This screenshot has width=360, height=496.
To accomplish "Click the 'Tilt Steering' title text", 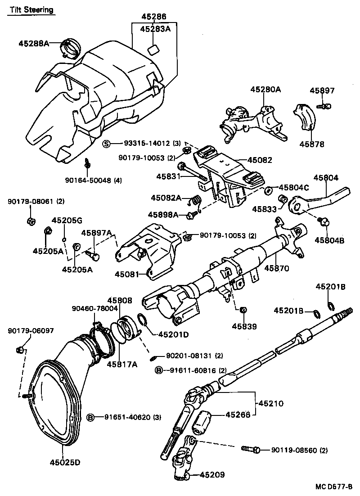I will (30, 9).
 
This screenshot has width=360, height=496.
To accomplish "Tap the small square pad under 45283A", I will (153, 49).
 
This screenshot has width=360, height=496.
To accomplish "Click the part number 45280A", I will (265, 90).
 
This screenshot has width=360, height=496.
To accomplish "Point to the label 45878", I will (310, 144).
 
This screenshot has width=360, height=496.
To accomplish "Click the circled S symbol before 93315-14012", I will (107, 144).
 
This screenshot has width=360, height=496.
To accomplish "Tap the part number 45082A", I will (166, 198).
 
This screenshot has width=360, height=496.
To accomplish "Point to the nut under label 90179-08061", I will (31, 221).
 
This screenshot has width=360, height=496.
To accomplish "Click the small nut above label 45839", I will (243, 310).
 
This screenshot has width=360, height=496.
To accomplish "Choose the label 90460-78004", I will (95, 308).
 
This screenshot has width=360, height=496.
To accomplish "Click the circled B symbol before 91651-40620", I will (90, 417).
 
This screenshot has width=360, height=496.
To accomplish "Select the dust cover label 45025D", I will (64, 462).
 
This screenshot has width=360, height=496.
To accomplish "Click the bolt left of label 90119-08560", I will (250, 450).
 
